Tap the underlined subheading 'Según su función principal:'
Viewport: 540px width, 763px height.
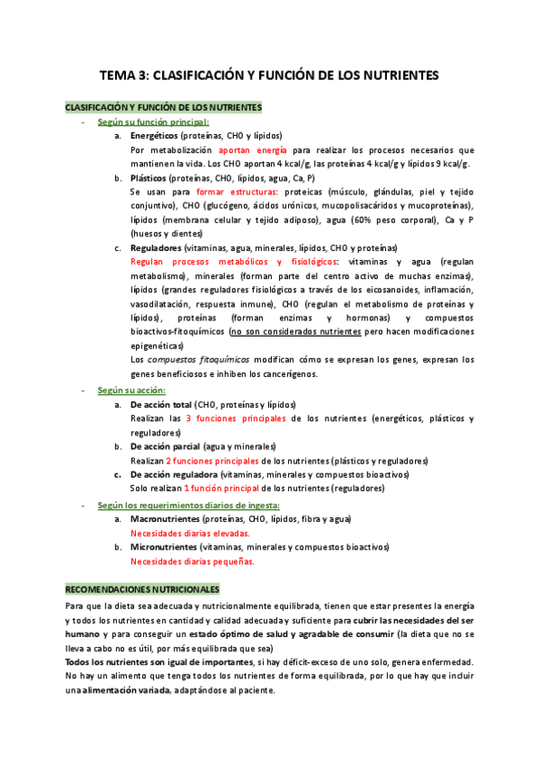[x=153, y=121]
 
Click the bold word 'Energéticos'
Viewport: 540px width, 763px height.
[x=154, y=135]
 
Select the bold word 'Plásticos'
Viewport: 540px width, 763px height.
[x=149, y=178]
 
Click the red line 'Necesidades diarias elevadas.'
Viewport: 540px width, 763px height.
[x=190, y=534]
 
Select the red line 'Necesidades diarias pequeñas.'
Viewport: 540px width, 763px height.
[x=192, y=561]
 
